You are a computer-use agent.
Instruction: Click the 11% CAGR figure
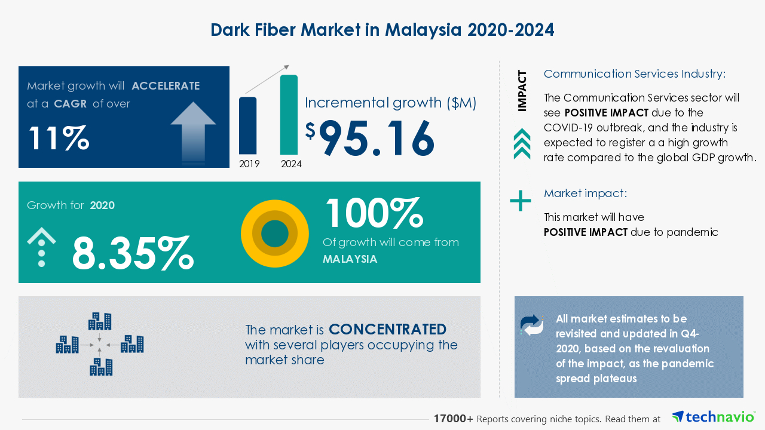59,138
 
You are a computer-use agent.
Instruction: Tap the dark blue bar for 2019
247,125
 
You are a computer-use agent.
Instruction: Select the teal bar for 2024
289,115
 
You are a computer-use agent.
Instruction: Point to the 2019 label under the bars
249,164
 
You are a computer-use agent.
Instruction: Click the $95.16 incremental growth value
370,138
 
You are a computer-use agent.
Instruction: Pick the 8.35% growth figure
133,253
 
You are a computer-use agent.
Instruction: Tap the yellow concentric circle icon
274,234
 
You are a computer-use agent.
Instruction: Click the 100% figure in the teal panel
375,213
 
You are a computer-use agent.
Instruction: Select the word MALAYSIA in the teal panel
350,259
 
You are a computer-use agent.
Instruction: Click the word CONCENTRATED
388,329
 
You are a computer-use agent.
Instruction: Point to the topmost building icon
100,321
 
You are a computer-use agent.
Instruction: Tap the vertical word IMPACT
522,91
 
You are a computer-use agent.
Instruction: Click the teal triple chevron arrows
522,144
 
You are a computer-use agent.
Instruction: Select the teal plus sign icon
520,201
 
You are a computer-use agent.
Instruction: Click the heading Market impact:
585,193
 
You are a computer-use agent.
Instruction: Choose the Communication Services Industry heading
635,74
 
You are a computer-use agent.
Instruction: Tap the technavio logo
714,417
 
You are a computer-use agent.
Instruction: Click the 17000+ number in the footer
453,419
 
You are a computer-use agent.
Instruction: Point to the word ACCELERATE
166,85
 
